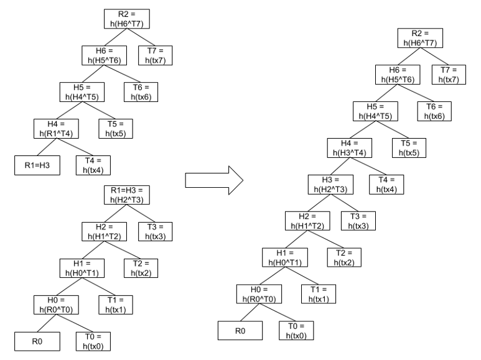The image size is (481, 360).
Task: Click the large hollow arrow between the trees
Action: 214,180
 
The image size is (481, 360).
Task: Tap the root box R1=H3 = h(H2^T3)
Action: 127,195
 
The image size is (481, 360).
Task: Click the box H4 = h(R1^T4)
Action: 58,127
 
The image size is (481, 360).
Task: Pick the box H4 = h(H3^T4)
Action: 350,147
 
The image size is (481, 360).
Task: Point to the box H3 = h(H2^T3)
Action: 330,183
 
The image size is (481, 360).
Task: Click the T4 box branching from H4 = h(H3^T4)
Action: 383,183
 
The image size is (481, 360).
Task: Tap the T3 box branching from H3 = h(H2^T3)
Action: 358,220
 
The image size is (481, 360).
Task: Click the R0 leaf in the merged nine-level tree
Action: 239,330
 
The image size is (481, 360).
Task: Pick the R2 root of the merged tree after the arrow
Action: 423,38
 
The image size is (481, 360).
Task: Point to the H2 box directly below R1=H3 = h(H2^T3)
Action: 105,231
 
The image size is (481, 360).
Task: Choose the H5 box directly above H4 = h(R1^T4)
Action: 82,91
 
